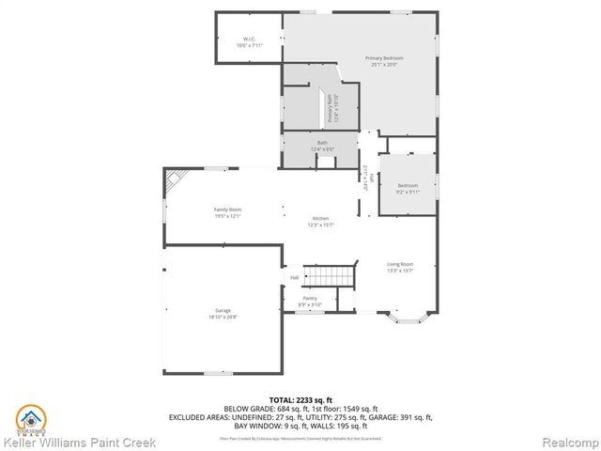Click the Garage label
(x=222, y=311)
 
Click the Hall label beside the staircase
(x=294, y=278)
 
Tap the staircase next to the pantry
(x=332, y=276)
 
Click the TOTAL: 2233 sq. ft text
(x=300, y=400)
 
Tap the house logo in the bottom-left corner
(x=30, y=419)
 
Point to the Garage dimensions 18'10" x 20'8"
(x=222, y=319)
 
